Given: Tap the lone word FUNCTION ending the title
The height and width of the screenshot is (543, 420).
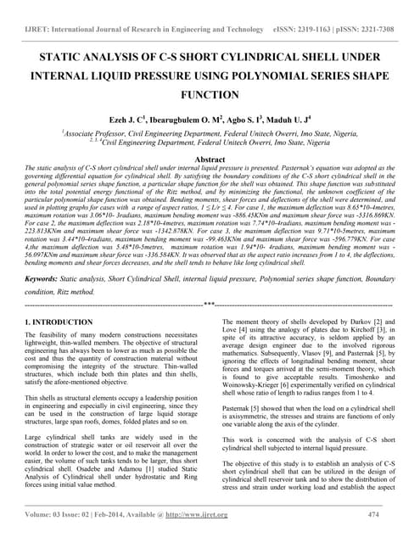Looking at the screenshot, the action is click(x=210, y=95).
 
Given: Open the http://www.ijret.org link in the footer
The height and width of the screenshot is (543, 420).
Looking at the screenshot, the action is click(x=203, y=514).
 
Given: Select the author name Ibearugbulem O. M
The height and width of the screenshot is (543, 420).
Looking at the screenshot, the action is click(x=189, y=118).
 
